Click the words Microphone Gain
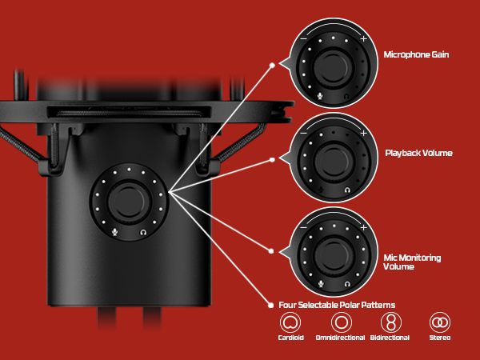coord(416,55)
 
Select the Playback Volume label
coord(419,152)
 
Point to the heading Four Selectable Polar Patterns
coord(337,305)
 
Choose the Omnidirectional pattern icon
coord(342,322)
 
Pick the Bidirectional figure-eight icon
coord(390,322)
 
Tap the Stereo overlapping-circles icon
coord(439,322)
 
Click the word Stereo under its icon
coord(439,338)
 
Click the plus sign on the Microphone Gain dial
coord(363,39)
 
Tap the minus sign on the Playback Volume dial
coord(303,133)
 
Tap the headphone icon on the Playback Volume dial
coord(346,190)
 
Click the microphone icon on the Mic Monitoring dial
coord(320,284)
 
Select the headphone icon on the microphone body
coord(142,232)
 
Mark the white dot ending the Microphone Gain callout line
coord(273,65)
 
